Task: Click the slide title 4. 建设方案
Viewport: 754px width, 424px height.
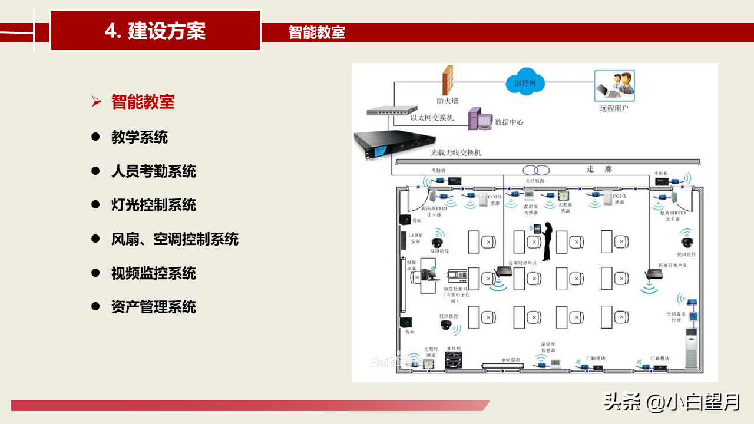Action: [x=155, y=31]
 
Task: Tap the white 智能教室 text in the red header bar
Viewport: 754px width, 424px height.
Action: [x=316, y=32]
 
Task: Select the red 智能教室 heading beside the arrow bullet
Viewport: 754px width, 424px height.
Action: [x=143, y=102]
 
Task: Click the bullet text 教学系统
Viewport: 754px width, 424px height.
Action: [x=140, y=137]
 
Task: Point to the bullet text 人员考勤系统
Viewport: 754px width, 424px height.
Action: [x=154, y=171]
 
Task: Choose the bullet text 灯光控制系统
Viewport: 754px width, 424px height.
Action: [x=154, y=205]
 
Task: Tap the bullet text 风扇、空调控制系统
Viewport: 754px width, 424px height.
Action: [x=175, y=239]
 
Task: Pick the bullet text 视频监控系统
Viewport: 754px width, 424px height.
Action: [x=154, y=273]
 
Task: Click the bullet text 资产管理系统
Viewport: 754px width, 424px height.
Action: [x=154, y=307]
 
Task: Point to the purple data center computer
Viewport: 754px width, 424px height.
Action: [x=479, y=119]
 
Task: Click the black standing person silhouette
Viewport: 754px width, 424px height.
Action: [x=546, y=241]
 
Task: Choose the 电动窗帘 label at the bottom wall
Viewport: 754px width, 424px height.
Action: [x=512, y=359]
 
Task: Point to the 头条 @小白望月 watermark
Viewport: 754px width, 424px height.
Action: [x=672, y=403]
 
